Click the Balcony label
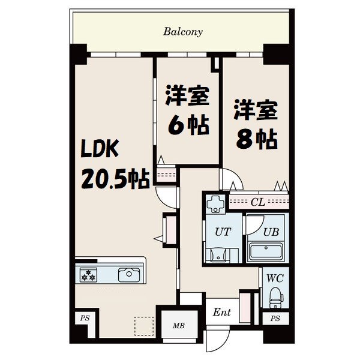[x=183, y=31]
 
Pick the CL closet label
[x=259, y=202]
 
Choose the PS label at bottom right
[x=275, y=319]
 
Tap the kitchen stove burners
[x=89, y=275]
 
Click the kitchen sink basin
[x=128, y=275]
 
